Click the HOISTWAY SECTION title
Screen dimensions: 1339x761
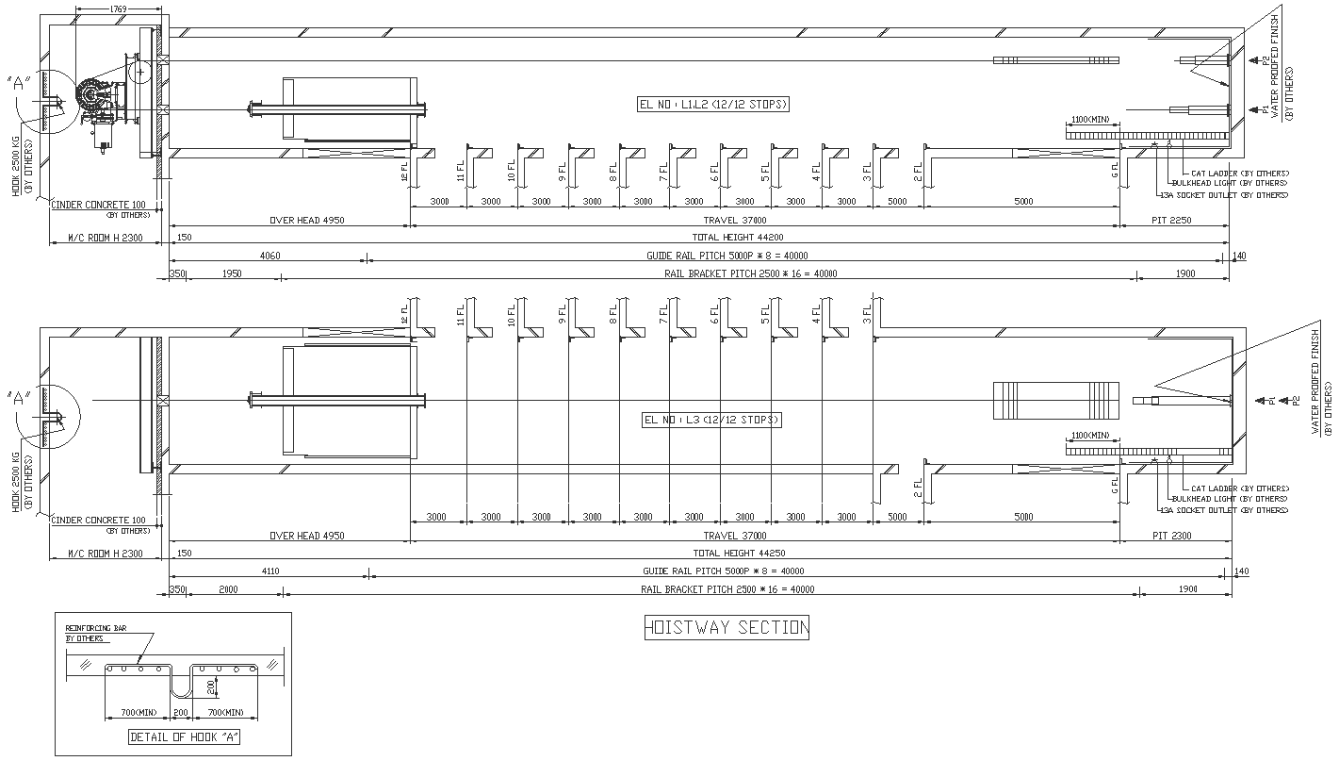(726, 627)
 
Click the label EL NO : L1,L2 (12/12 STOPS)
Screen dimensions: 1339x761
(713, 105)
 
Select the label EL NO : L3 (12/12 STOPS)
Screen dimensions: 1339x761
(711, 420)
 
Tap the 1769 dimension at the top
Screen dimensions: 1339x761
(119, 8)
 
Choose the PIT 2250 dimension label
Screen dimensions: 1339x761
(1172, 220)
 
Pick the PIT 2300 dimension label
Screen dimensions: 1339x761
(1172, 536)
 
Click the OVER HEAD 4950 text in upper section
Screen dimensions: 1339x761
(307, 220)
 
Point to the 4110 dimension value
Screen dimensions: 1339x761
(269, 571)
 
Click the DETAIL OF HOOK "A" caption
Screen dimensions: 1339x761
(184, 737)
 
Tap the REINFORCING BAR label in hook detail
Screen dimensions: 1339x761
(95, 627)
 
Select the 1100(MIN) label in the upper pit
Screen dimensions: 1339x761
(1090, 120)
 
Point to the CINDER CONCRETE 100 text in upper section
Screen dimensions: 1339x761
(99, 204)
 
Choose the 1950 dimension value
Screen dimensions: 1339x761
(232, 273)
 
